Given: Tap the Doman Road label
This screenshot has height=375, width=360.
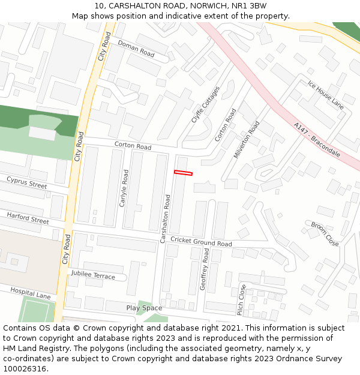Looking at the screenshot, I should tap(136, 49).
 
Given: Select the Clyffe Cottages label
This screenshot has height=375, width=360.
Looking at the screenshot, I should tap(205, 104).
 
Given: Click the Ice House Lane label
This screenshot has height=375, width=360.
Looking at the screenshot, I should tap(325, 94).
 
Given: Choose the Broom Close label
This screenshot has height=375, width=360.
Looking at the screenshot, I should tap(325, 233).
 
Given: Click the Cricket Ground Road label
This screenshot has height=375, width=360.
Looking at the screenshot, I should tap(201, 241).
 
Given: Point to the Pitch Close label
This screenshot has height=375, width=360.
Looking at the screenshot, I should tap(241, 299).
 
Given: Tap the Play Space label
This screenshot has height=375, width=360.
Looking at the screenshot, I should tap(144, 308).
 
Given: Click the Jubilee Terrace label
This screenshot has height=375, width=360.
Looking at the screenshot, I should tap(92, 275).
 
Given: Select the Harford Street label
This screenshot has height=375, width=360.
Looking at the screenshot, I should tap(28, 218).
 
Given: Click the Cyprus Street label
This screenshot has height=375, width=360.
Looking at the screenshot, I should tap(26, 182).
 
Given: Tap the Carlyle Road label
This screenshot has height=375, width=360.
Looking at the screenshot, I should tap(124, 188).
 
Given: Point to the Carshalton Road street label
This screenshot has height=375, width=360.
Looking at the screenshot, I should tap(166, 218).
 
